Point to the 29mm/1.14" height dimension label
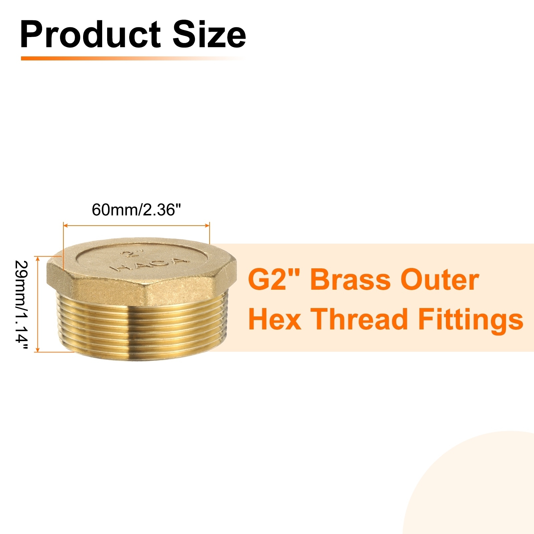click(22, 305)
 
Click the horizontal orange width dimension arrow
click(137, 226)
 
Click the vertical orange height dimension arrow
click(37, 304)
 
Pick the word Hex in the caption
click(275, 319)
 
